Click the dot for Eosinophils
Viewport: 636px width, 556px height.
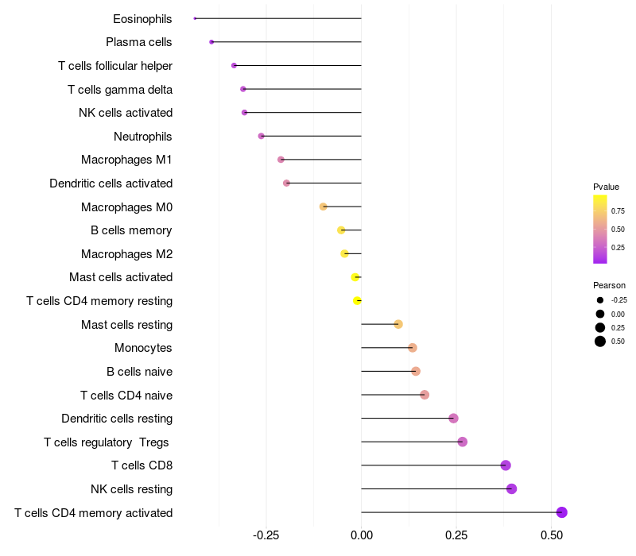(x=195, y=18)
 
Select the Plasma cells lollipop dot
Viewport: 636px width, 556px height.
(x=211, y=42)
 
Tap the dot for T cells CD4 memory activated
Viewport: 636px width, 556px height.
(x=562, y=512)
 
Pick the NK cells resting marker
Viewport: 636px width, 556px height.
(x=511, y=488)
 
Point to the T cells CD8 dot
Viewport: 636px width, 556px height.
(x=506, y=465)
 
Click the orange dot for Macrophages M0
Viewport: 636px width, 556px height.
(x=324, y=207)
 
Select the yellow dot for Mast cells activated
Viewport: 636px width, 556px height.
(x=355, y=277)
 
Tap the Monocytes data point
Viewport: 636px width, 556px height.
(x=413, y=348)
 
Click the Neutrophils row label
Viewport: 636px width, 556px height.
(x=143, y=137)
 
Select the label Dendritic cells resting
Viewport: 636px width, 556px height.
(x=117, y=419)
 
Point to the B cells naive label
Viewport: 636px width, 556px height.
(x=139, y=372)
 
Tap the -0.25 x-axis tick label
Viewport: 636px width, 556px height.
(x=266, y=536)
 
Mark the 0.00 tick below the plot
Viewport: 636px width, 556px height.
(x=362, y=536)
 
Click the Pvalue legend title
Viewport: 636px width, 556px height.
(x=606, y=187)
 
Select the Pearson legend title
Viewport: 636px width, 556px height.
(x=609, y=285)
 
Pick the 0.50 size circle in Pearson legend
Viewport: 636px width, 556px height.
(x=600, y=342)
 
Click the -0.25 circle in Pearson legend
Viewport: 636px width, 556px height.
(x=600, y=300)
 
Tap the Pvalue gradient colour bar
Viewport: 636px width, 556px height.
(x=600, y=229)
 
